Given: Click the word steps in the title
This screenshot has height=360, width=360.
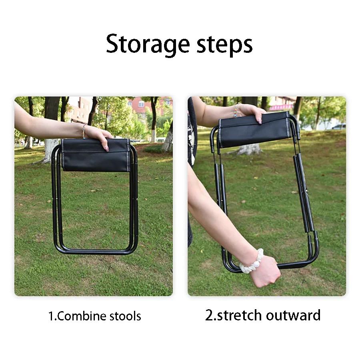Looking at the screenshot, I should tap(224, 45).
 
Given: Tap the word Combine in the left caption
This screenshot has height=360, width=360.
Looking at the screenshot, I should tap(83, 316).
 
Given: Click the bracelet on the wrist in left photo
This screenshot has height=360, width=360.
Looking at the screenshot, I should tap(84, 130).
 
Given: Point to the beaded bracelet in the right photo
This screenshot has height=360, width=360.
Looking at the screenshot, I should tap(236, 110).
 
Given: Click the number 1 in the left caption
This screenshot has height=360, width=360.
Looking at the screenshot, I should tap(51, 316).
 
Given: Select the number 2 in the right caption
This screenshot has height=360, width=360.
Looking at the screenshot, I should tap(210, 315).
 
